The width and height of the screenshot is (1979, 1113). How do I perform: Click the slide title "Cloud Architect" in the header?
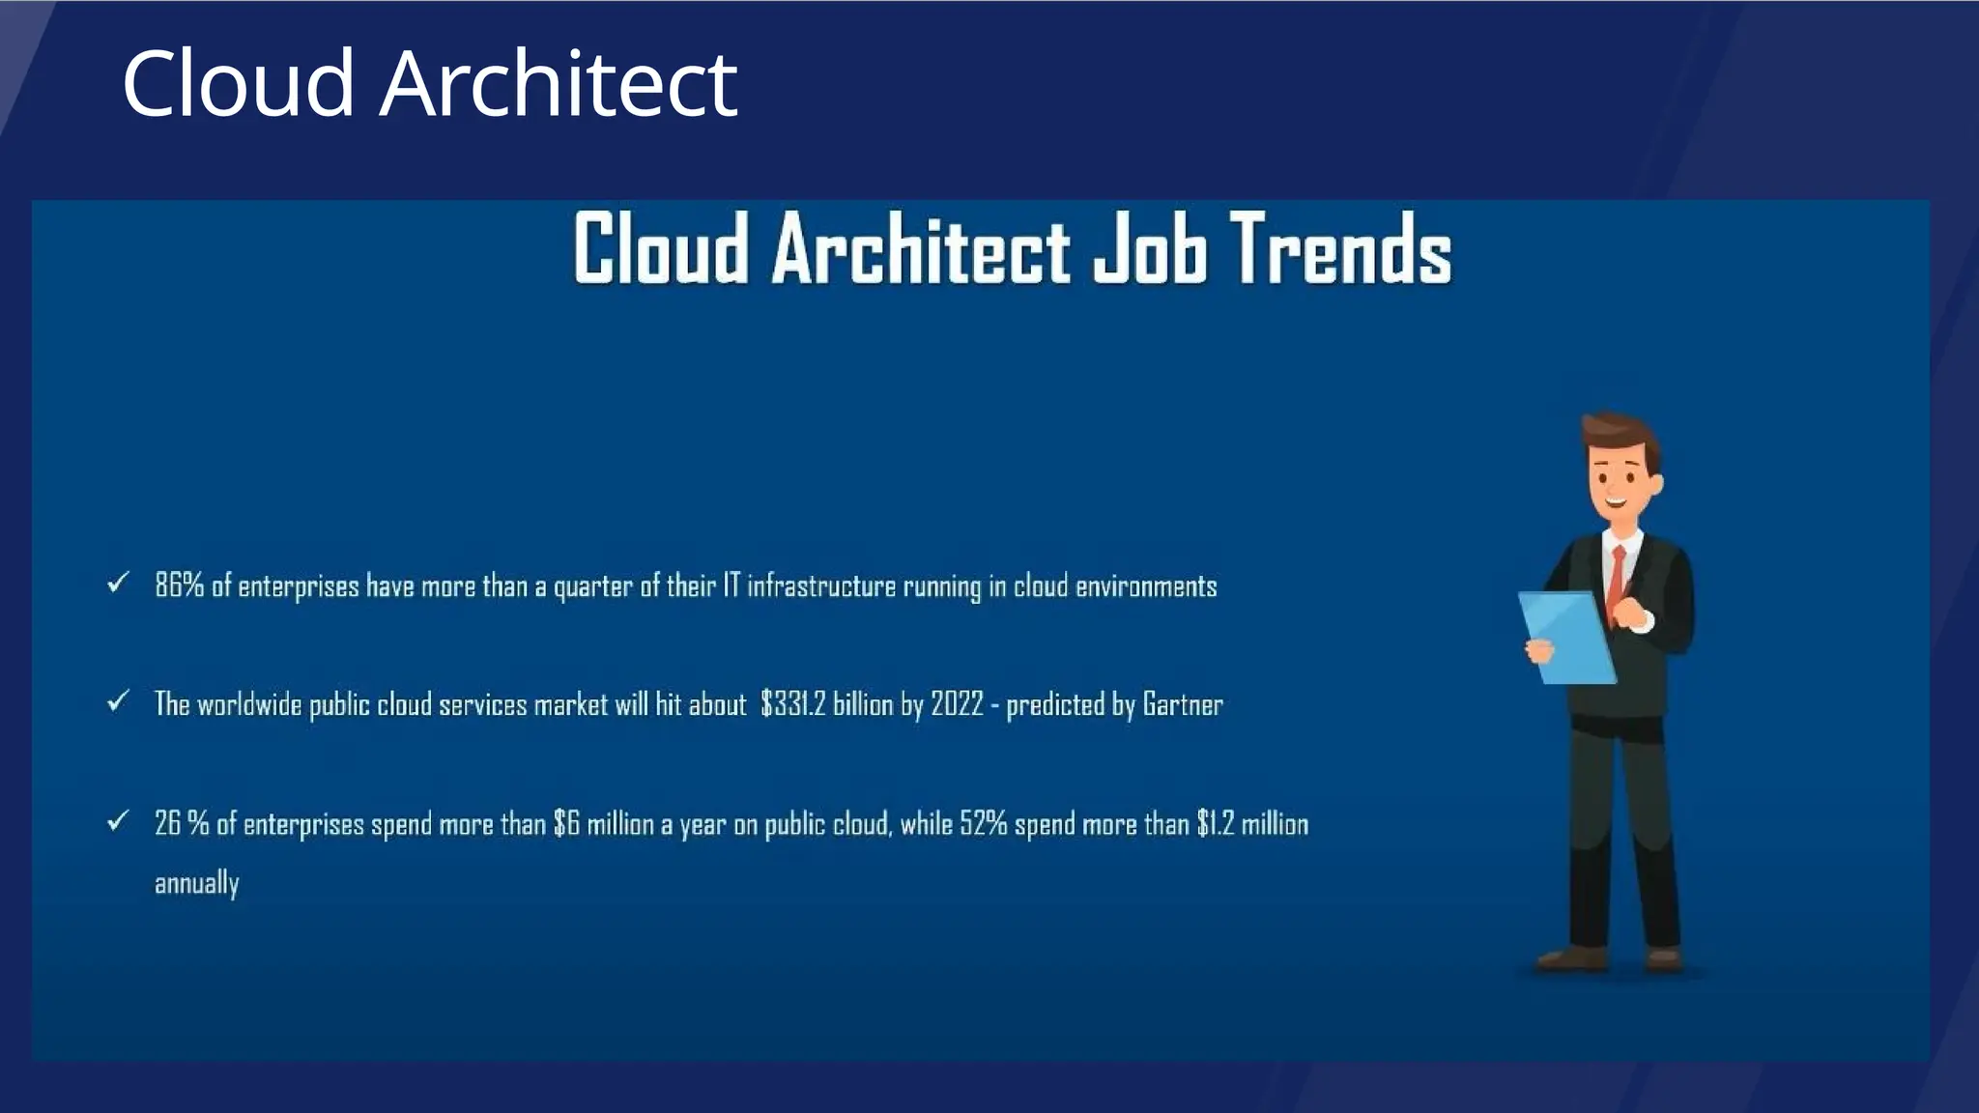(x=429, y=84)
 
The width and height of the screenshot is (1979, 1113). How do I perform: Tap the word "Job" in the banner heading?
(x=1150, y=249)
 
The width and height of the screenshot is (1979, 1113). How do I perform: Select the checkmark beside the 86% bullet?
(x=118, y=583)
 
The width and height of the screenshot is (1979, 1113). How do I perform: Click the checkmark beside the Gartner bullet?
(x=118, y=700)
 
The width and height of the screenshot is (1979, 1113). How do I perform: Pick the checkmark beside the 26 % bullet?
(x=118, y=821)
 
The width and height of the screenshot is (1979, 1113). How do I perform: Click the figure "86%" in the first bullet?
(x=179, y=585)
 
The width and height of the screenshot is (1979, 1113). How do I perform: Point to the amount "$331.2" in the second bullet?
(x=792, y=704)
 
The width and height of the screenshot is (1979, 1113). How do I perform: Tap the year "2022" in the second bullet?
(x=956, y=704)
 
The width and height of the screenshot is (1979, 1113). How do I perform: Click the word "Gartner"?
(x=1182, y=704)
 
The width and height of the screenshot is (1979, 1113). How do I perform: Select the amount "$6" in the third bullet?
(x=566, y=824)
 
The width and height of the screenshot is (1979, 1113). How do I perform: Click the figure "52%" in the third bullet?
(x=983, y=824)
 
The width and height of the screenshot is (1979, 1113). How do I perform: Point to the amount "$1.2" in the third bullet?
(x=1215, y=824)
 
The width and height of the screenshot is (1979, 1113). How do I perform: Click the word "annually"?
(x=196, y=883)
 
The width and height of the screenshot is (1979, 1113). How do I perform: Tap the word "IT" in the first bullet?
(x=731, y=585)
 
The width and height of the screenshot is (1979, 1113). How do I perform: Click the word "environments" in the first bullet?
(x=1146, y=585)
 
